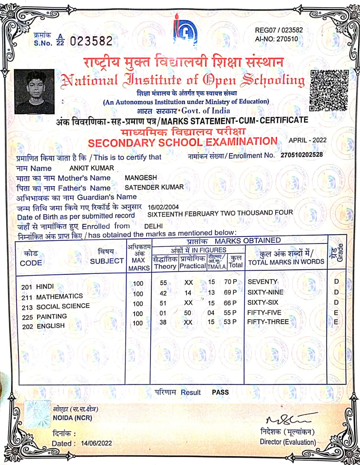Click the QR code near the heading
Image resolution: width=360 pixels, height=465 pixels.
click(x=329, y=90)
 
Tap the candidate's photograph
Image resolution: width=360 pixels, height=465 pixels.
click(x=35, y=92)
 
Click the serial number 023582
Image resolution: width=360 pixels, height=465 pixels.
click(x=91, y=41)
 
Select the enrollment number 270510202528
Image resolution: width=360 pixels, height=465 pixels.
click(x=301, y=155)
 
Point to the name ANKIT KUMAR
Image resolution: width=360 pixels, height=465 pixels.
click(x=92, y=168)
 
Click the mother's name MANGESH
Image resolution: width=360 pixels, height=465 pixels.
click(x=141, y=178)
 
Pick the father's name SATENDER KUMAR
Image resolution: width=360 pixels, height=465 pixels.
click(x=154, y=187)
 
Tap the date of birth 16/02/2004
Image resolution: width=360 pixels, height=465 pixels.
click(x=163, y=207)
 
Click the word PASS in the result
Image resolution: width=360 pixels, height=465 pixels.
click(x=220, y=392)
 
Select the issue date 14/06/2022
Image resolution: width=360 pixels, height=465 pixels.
click(x=96, y=443)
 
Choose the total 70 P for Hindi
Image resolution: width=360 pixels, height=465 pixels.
click(x=230, y=282)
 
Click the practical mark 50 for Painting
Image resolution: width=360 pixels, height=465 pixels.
click(x=187, y=313)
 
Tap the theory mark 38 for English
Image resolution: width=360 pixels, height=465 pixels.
click(x=163, y=322)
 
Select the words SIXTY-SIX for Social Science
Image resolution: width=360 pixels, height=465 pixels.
click(x=263, y=302)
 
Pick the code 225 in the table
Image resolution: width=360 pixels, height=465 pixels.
click(x=27, y=317)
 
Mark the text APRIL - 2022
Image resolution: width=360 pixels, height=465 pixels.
click(x=308, y=140)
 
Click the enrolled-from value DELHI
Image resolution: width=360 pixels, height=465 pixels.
click(x=153, y=226)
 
